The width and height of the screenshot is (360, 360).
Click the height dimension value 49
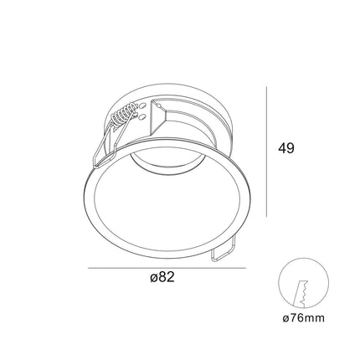[x=286, y=148]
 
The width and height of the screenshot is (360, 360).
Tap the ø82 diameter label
[x=162, y=277]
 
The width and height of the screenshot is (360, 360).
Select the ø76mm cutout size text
[x=303, y=318]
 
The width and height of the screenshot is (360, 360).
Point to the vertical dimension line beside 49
[x=266, y=152]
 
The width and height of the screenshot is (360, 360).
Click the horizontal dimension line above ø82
[x=167, y=268]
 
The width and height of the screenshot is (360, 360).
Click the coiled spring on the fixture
[x=126, y=115]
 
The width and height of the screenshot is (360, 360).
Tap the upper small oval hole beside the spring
[x=142, y=105]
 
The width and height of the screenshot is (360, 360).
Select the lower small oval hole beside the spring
[x=142, y=116]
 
